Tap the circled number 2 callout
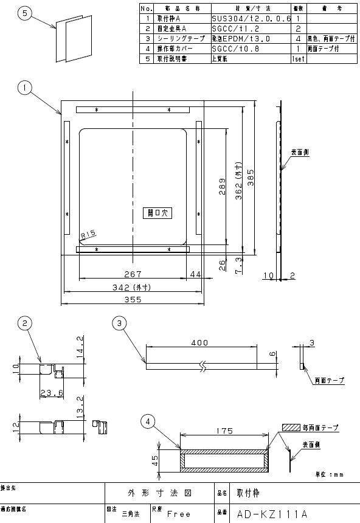[24, 324]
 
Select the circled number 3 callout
[119, 324]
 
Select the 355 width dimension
[131, 299]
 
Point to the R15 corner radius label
[88, 232]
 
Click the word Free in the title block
[179, 514]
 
